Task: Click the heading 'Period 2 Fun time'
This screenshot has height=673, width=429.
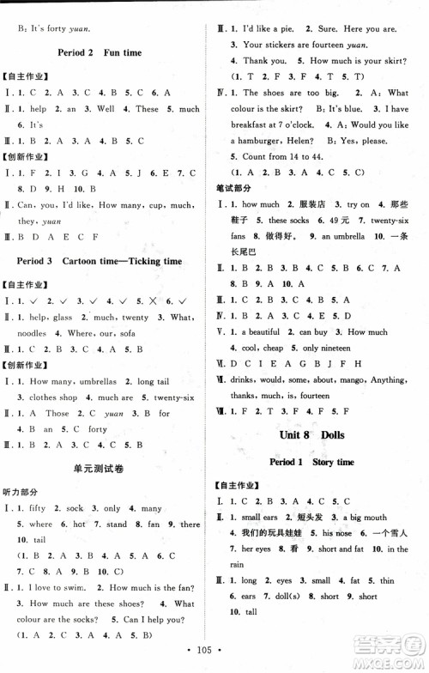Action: (111, 52)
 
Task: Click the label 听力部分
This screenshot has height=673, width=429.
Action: (22, 491)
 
